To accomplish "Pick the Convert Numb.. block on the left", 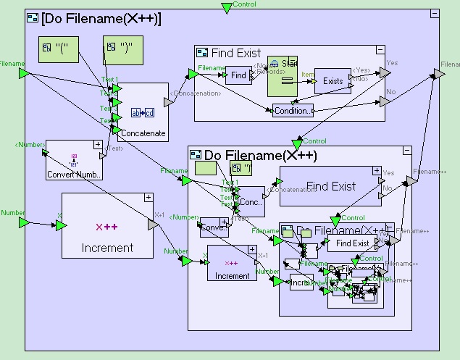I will (75, 160).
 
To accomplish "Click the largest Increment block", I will (107, 225).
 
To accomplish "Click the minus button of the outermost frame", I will (434, 14).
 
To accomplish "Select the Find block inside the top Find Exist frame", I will (238, 75).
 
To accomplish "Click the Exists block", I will (333, 81).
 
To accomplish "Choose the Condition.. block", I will (293, 111).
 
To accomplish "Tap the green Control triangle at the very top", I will (227, 8).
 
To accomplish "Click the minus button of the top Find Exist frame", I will (380, 50).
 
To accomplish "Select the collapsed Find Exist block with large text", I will (330, 186).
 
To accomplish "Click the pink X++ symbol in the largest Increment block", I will (106, 227).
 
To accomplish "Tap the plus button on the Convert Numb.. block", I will (98, 145).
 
